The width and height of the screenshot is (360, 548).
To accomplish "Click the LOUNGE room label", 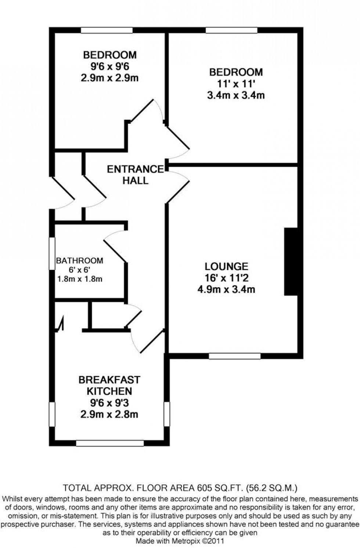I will point(226,266).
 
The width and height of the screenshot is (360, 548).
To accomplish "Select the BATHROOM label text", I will point(79,261).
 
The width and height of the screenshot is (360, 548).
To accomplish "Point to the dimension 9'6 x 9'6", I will point(109,66).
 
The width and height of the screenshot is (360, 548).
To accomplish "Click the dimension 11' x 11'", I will point(236,83).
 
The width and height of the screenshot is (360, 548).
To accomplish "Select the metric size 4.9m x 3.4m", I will point(226,289).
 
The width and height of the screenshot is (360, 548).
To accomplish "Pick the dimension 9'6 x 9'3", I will point(109,403).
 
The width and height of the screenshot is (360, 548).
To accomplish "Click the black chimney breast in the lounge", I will point(291,262).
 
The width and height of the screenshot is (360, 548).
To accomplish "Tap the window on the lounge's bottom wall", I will point(235,356).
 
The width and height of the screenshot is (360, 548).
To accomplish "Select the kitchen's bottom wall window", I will point(110,443).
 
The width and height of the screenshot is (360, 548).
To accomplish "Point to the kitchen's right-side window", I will point(167,414).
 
